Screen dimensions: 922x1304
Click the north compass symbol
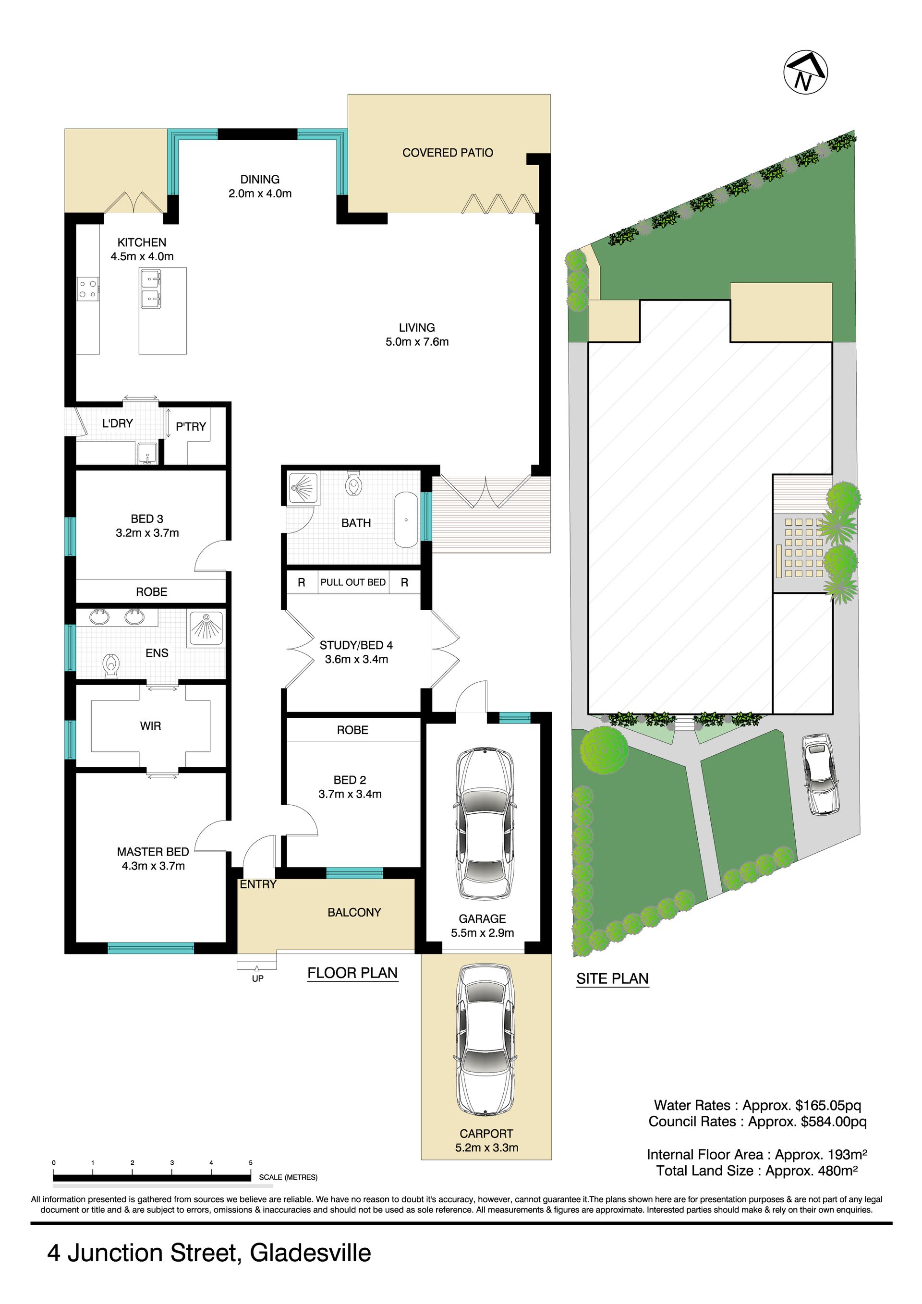tap(805, 72)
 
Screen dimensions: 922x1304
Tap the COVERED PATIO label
tap(448, 153)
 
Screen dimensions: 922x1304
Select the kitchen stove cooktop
tap(88, 289)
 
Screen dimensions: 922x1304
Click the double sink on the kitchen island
tap(150, 289)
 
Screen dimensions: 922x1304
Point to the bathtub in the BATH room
tap(406, 519)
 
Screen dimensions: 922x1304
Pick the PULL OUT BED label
tap(353, 582)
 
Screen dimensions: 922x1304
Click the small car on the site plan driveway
tap(820, 773)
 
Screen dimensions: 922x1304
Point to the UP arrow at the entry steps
tap(257, 968)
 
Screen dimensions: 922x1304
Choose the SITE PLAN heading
tap(612, 978)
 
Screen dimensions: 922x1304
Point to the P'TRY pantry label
tap(191, 426)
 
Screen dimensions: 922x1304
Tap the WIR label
tap(150, 726)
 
